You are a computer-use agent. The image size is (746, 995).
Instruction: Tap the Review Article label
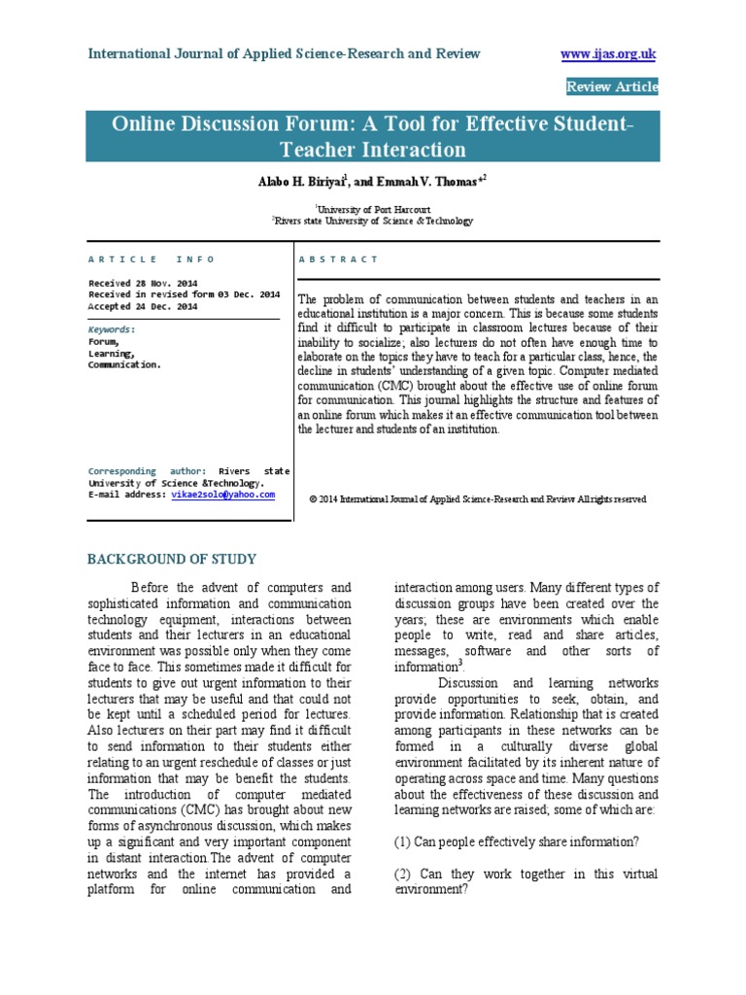(612, 87)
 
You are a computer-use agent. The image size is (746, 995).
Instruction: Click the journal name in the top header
(284, 53)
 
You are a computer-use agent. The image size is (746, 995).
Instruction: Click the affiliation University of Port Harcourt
(372, 208)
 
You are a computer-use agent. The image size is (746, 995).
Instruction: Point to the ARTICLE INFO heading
(152, 259)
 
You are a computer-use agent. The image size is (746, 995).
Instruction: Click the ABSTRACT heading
(339, 259)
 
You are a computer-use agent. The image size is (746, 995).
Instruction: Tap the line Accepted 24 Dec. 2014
(143, 306)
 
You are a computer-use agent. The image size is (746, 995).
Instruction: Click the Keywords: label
(113, 329)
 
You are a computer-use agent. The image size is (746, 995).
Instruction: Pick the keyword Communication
(125, 365)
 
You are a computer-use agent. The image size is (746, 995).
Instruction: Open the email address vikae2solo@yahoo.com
(222, 495)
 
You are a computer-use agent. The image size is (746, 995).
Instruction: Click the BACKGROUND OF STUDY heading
(172, 559)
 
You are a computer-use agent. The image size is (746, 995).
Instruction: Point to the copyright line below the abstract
(478, 499)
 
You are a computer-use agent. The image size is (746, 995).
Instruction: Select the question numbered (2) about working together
(526, 881)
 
